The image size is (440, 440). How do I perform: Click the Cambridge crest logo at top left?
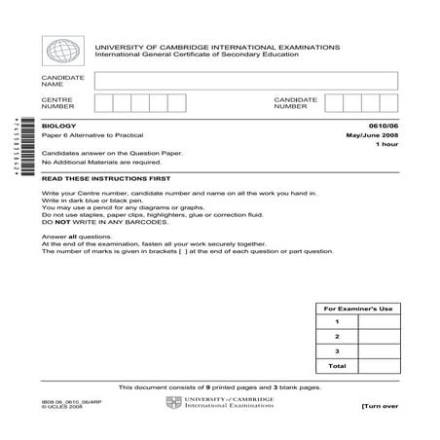pyautogui.click(x=59, y=50)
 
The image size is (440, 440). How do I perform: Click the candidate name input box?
pyautogui.click(x=246, y=80)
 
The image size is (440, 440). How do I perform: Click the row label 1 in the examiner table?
pyautogui.click(x=337, y=322)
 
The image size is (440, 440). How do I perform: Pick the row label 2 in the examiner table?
pyautogui.click(x=337, y=337)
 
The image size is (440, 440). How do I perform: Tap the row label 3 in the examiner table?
pyautogui.click(x=337, y=351)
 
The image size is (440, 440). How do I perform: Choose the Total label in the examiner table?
pyautogui.click(x=337, y=366)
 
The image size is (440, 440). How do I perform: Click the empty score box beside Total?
pyautogui.click(x=380, y=366)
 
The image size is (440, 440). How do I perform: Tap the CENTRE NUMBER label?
pyautogui.click(x=56, y=103)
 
